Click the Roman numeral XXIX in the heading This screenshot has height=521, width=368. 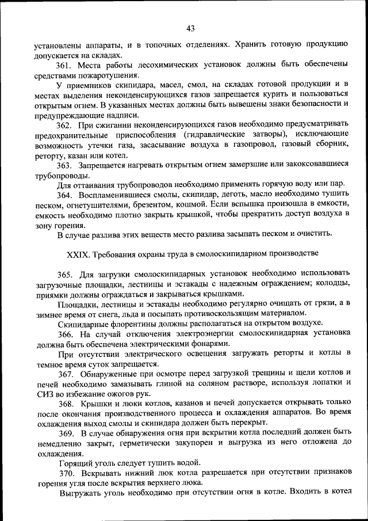77,253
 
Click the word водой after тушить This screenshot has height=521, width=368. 187,462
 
